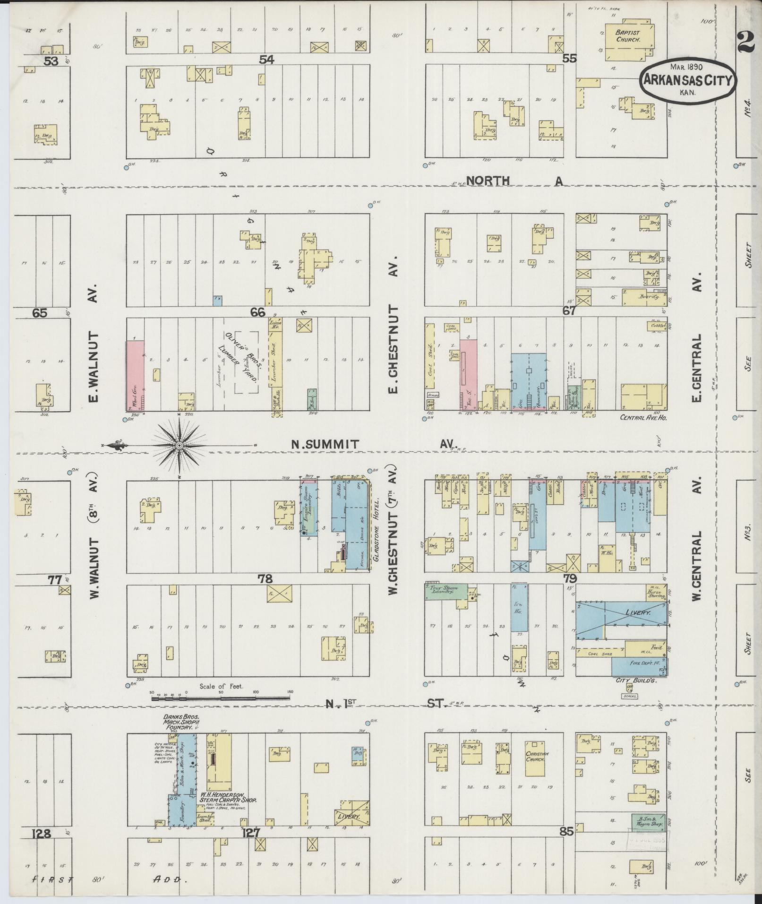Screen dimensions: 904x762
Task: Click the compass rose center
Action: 180,445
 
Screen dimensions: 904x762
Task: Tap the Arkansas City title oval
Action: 687,80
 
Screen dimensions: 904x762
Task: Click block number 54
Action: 266,60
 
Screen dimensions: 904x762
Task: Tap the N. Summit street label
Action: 325,444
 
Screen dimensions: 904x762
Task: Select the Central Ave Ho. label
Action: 642,418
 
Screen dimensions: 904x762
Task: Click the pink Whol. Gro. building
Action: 134,375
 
